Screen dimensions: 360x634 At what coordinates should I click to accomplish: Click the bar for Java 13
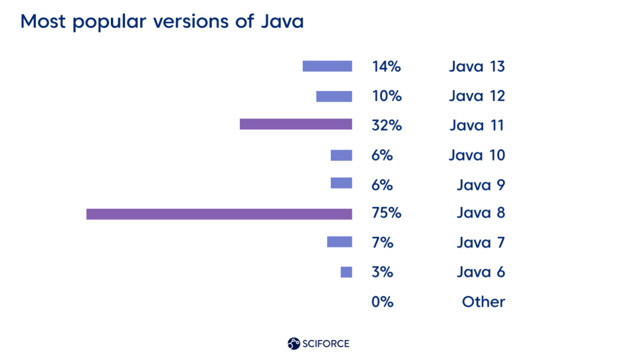pyautogui.click(x=327, y=66)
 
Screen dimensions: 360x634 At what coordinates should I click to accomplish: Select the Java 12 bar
pyautogui.click(x=334, y=96)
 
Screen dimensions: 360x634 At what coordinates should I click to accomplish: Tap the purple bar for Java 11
pyautogui.click(x=296, y=124)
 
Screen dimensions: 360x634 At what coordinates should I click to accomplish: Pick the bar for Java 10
pyautogui.click(x=341, y=155)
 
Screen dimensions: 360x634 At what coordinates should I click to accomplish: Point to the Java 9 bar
pyautogui.click(x=341, y=183)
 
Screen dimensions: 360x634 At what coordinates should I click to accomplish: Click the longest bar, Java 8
pyautogui.click(x=219, y=214)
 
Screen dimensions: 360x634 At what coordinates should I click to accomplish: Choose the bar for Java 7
pyautogui.click(x=339, y=241)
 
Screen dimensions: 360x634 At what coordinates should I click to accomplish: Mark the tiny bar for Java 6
pyautogui.click(x=346, y=272)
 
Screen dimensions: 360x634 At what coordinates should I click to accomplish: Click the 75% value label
pyautogui.click(x=386, y=213)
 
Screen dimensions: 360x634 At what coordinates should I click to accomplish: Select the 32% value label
pyautogui.click(x=386, y=125)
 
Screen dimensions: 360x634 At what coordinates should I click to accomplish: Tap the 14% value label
pyautogui.click(x=386, y=66)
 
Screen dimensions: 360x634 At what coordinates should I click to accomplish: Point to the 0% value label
pyautogui.click(x=382, y=302)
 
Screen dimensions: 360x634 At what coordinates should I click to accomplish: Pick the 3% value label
pyautogui.click(x=382, y=272)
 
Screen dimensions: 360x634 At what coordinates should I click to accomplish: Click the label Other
pyautogui.click(x=483, y=302)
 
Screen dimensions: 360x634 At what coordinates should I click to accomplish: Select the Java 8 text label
pyautogui.click(x=480, y=213)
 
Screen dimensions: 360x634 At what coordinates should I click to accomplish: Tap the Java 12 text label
pyautogui.click(x=477, y=96)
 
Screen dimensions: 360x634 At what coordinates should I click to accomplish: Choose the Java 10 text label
pyautogui.click(x=477, y=155)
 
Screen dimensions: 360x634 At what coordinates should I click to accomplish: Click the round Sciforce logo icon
pyautogui.click(x=294, y=344)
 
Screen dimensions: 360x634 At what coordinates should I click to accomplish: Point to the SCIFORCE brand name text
pyautogui.click(x=326, y=344)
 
